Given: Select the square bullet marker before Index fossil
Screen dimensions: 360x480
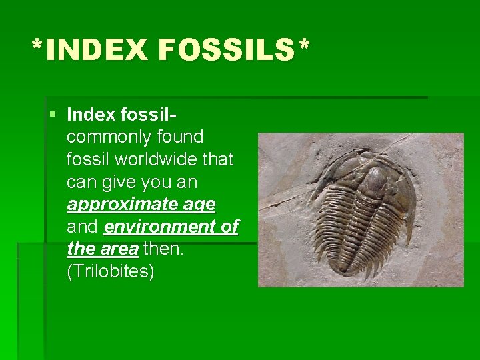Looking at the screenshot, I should point(53,115).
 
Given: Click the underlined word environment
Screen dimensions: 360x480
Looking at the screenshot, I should point(161,227).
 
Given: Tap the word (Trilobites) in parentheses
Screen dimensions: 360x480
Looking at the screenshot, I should point(111,273).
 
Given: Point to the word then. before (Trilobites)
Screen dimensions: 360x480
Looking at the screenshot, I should point(163,250).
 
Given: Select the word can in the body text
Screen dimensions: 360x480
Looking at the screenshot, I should point(81,182).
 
